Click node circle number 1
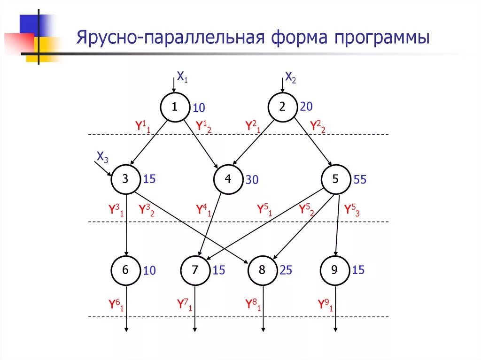tap(174, 107)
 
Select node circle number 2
tap(282, 107)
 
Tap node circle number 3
tap(125, 179)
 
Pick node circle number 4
tap(228, 179)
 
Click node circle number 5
tap(336, 179)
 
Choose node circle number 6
tap(125, 270)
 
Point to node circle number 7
tap(195, 270)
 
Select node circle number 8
tap(263, 270)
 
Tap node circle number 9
tap(335, 270)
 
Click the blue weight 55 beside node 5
tap(360, 180)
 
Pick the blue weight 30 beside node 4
tap(252, 180)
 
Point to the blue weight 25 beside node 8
tap(286, 270)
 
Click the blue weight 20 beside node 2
tap(306, 107)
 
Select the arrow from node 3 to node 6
tap(126, 225)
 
